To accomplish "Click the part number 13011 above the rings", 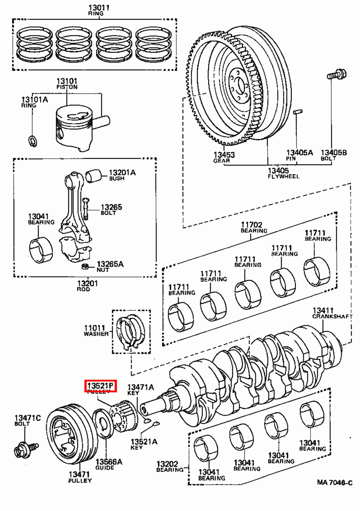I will click(99, 7).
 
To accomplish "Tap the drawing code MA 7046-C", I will click(334, 483).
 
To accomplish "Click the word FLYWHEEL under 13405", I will click(283, 176).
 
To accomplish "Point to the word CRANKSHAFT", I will click(332, 317).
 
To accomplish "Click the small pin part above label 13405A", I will click(298, 112).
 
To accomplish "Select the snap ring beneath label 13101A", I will click(33, 141).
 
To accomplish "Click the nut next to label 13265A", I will click(85, 266).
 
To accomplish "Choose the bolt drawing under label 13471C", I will click(26, 450).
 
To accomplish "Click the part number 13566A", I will click(109, 462).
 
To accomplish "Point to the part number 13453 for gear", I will click(224, 155).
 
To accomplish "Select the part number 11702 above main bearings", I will click(251, 225).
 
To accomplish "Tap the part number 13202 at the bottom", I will click(167, 464).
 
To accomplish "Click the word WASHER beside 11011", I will click(96, 334).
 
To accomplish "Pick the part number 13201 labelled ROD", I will click(88, 283).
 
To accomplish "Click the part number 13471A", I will click(141, 387).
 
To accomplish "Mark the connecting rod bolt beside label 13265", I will click(85, 208).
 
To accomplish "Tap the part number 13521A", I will click(144, 442).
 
